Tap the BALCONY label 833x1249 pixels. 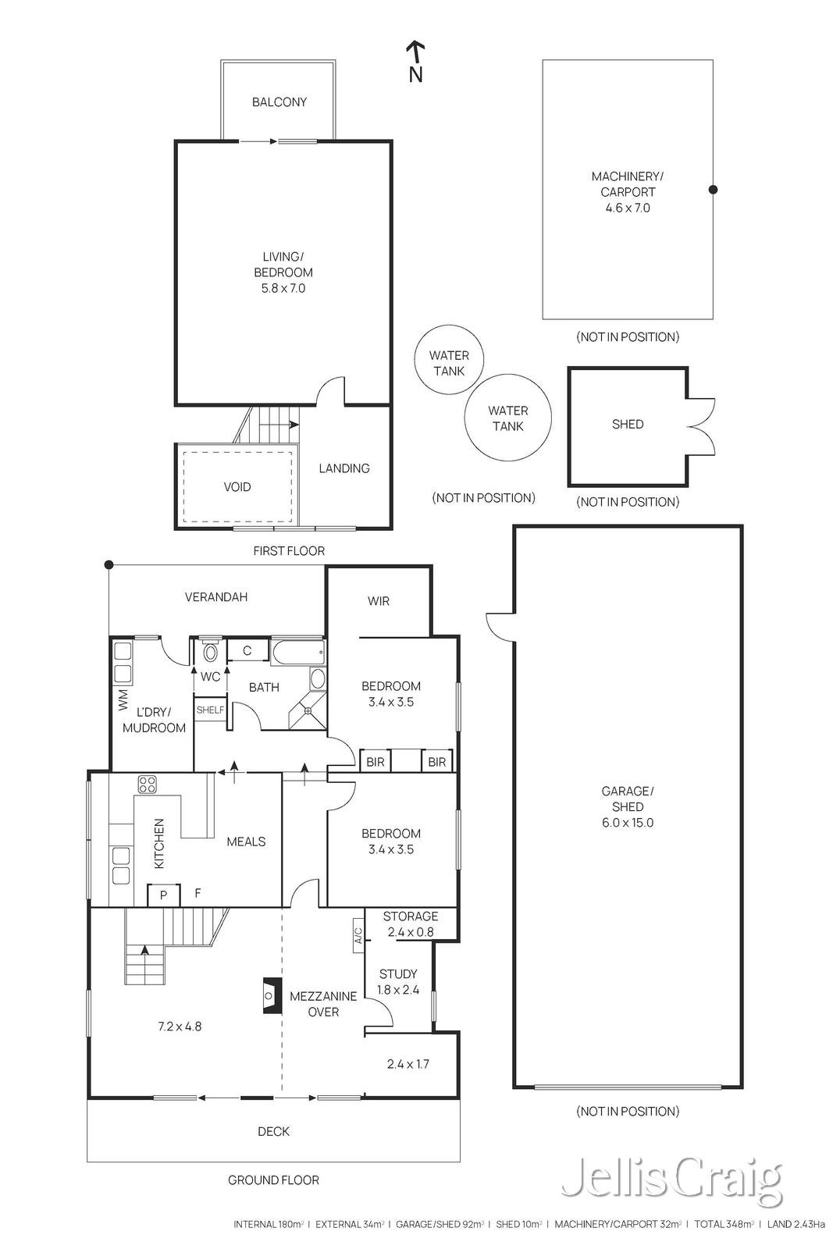[x=279, y=102]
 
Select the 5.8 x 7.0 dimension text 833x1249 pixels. [x=283, y=288]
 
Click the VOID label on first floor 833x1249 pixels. [x=237, y=487]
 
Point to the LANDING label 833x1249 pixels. [x=344, y=468]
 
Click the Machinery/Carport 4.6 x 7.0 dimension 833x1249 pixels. [x=628, y=208]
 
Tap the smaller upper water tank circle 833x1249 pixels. [x=449, y=360]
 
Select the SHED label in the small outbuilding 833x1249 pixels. [x=628, y=425]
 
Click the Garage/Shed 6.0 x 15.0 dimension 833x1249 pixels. [x=628, y=823]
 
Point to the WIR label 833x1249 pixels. [x=379, y=601]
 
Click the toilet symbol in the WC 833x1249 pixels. [x=210, y=651]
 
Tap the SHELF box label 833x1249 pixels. [x=210, y=710]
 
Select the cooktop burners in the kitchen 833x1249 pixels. [x=148, y=785]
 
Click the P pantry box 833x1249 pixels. [x=163, y=895]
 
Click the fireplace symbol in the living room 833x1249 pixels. [x=270, y=995]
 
